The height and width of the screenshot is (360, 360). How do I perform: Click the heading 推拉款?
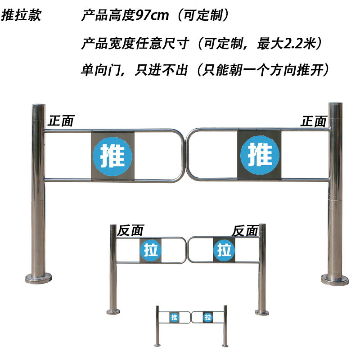tap(22, 15)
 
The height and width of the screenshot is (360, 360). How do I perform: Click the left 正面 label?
tap(61, 121)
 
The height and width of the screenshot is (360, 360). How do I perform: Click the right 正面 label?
tap(314, 121)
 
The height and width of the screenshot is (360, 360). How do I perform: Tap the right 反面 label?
tap(245, 231)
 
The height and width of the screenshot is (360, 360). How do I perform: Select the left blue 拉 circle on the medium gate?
tap(151, 250)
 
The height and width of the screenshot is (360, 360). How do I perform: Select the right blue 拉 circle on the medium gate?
tap(224, 249)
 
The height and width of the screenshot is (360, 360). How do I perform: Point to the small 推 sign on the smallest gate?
tap(174, 317)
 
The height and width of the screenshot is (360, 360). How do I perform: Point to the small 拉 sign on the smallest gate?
tap(207, 317)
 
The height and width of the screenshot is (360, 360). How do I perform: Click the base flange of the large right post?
tap(334, 279)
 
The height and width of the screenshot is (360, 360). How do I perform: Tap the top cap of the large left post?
tap(38, 107)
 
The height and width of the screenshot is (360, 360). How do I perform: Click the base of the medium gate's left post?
tap(113, 310)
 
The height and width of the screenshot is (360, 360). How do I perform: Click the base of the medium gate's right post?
tap(262, 310)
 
